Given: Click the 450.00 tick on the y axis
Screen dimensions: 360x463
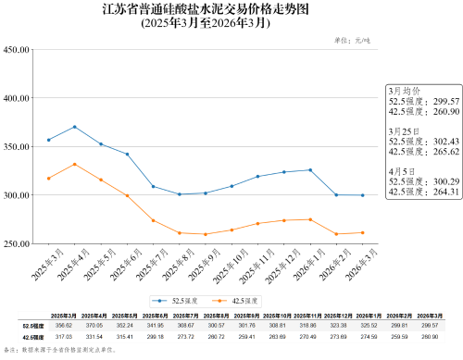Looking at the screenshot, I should (x=19, y=49).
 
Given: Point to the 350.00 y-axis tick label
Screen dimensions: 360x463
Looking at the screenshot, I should (x=19, y=147).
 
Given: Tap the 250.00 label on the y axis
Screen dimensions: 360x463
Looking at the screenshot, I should (x=19, y=244).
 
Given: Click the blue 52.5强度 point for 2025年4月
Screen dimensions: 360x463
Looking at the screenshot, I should (x=74, y=127).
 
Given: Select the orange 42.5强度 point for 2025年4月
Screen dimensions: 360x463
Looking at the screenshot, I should (x=74, y=165).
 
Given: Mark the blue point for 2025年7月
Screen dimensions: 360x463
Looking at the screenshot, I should (x=153, y=187).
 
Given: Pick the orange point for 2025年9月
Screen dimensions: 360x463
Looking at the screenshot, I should (x=206, y=234).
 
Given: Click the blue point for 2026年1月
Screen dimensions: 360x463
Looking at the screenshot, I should (x=310, y=170).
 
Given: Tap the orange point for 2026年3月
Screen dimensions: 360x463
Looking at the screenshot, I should (x=362, y=232).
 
